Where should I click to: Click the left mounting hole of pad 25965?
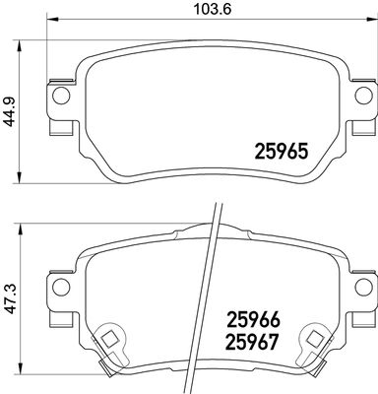(59, 96)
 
